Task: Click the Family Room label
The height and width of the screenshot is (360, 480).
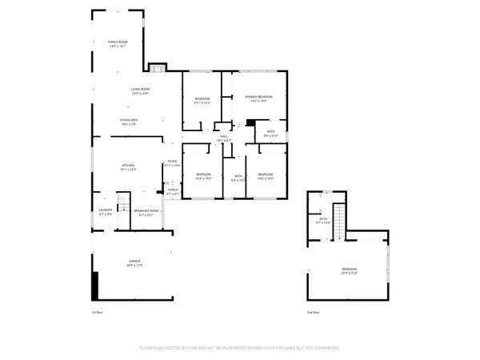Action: tap(118, 44)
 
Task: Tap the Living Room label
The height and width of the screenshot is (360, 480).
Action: tap(141, 91)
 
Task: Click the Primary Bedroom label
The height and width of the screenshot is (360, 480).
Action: tap(255, 98)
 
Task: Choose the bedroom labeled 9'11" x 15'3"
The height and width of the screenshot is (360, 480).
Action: tap(202, 100)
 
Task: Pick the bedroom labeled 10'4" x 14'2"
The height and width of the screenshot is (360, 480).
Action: tap(204, 176)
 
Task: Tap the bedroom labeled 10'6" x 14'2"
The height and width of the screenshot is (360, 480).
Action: tap(266, 176)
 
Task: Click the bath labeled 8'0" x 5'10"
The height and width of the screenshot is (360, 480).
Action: tap(271, 134)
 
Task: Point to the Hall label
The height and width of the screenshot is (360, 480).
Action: tap(225, 139)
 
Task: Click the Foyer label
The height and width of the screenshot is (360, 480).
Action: tap(172, 163)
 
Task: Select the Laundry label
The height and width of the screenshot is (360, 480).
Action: tap(105, 214)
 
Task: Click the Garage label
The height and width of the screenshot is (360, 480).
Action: tap(135, 263)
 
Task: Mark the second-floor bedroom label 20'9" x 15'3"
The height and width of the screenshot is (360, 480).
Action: tap(350, 271)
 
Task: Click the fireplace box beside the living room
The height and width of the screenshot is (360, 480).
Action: tap(158, 67)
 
